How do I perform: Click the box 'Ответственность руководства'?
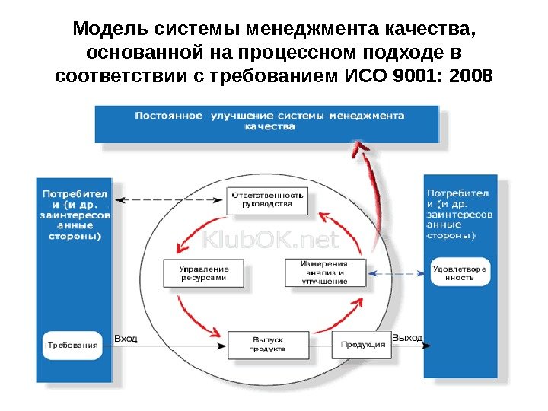267,199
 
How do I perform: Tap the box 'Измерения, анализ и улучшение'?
324,272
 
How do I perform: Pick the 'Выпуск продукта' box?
268,344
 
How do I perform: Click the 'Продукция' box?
362,344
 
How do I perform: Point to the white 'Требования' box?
73,345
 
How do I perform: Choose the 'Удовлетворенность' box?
459,273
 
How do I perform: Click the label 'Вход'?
126,338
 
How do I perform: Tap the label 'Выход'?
407,336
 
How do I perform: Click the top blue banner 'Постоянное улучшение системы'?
266,123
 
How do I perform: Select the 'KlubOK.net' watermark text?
270,241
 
